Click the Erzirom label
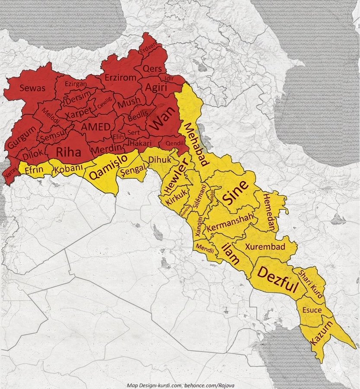[x=121, y=78]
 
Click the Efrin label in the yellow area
[x=34, y=170]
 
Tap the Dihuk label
[x=157, y=159]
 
